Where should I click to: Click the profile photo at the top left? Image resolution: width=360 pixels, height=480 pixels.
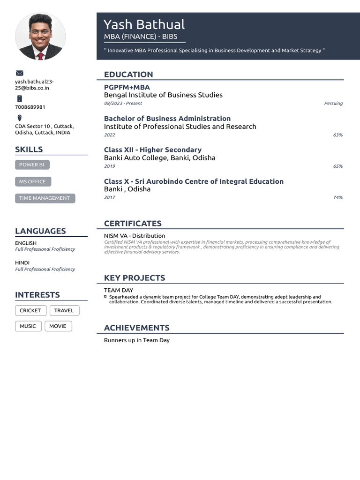[x=40, y=37]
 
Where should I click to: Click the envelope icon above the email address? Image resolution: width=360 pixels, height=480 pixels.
[x=19, y=73]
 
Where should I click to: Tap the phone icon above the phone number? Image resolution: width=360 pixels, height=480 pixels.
[x=19, y=98]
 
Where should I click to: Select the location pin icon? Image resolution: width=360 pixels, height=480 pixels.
[x=19, y=118]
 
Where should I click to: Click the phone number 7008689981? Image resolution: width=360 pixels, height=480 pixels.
[x=30, y=107]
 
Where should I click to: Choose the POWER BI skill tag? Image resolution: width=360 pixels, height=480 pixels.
[x=32, y=165]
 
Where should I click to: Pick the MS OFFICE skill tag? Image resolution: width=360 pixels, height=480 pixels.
[x=33, y=181]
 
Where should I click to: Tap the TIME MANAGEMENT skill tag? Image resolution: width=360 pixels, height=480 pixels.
[x=45, y=198]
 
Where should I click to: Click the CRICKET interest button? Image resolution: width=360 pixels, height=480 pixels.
[x=30, y=310]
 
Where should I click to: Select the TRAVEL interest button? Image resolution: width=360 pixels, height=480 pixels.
[x=64, y=310]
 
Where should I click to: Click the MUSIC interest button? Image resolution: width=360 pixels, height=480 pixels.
[x=28, y=326]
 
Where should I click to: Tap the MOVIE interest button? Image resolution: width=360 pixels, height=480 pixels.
[x=58, y=326]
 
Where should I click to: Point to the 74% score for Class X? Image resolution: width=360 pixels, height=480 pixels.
[x=337, y=197]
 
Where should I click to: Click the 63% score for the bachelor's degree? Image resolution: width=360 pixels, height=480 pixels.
[x=337, y=135]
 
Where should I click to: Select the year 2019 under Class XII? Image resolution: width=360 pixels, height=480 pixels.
[x=109, y=166]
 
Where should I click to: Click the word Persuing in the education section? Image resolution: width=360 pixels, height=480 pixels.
[x=333, y=103]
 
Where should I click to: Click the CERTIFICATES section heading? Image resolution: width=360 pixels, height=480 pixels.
[x=133, y=224]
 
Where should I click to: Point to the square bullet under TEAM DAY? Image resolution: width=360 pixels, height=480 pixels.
[x=105, y=297]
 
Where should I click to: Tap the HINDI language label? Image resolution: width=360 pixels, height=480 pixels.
[x=22, y=263]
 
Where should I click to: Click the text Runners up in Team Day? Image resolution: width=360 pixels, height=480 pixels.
[x=136, y=340]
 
